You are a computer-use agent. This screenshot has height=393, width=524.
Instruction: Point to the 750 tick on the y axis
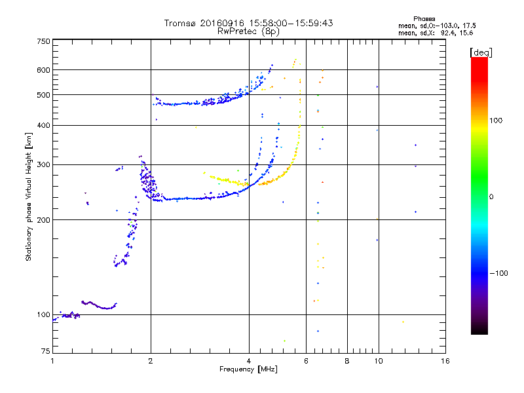click(43, 41)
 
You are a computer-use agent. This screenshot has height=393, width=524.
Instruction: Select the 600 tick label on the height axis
click(43, 70)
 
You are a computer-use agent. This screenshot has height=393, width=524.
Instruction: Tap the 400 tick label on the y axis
click(43, 125)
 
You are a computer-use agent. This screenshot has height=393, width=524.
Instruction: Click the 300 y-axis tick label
click(43, 164)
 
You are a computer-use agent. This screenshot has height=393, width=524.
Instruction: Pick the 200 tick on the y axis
click(43, 219)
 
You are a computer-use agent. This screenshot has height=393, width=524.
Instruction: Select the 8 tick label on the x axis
click(347, 361)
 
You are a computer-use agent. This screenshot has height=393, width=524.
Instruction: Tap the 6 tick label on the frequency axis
click(307, 361)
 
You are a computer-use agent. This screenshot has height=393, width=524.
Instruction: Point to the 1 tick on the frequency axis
click(52, 361)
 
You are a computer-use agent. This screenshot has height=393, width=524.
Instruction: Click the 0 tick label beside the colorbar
click(492, 196)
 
